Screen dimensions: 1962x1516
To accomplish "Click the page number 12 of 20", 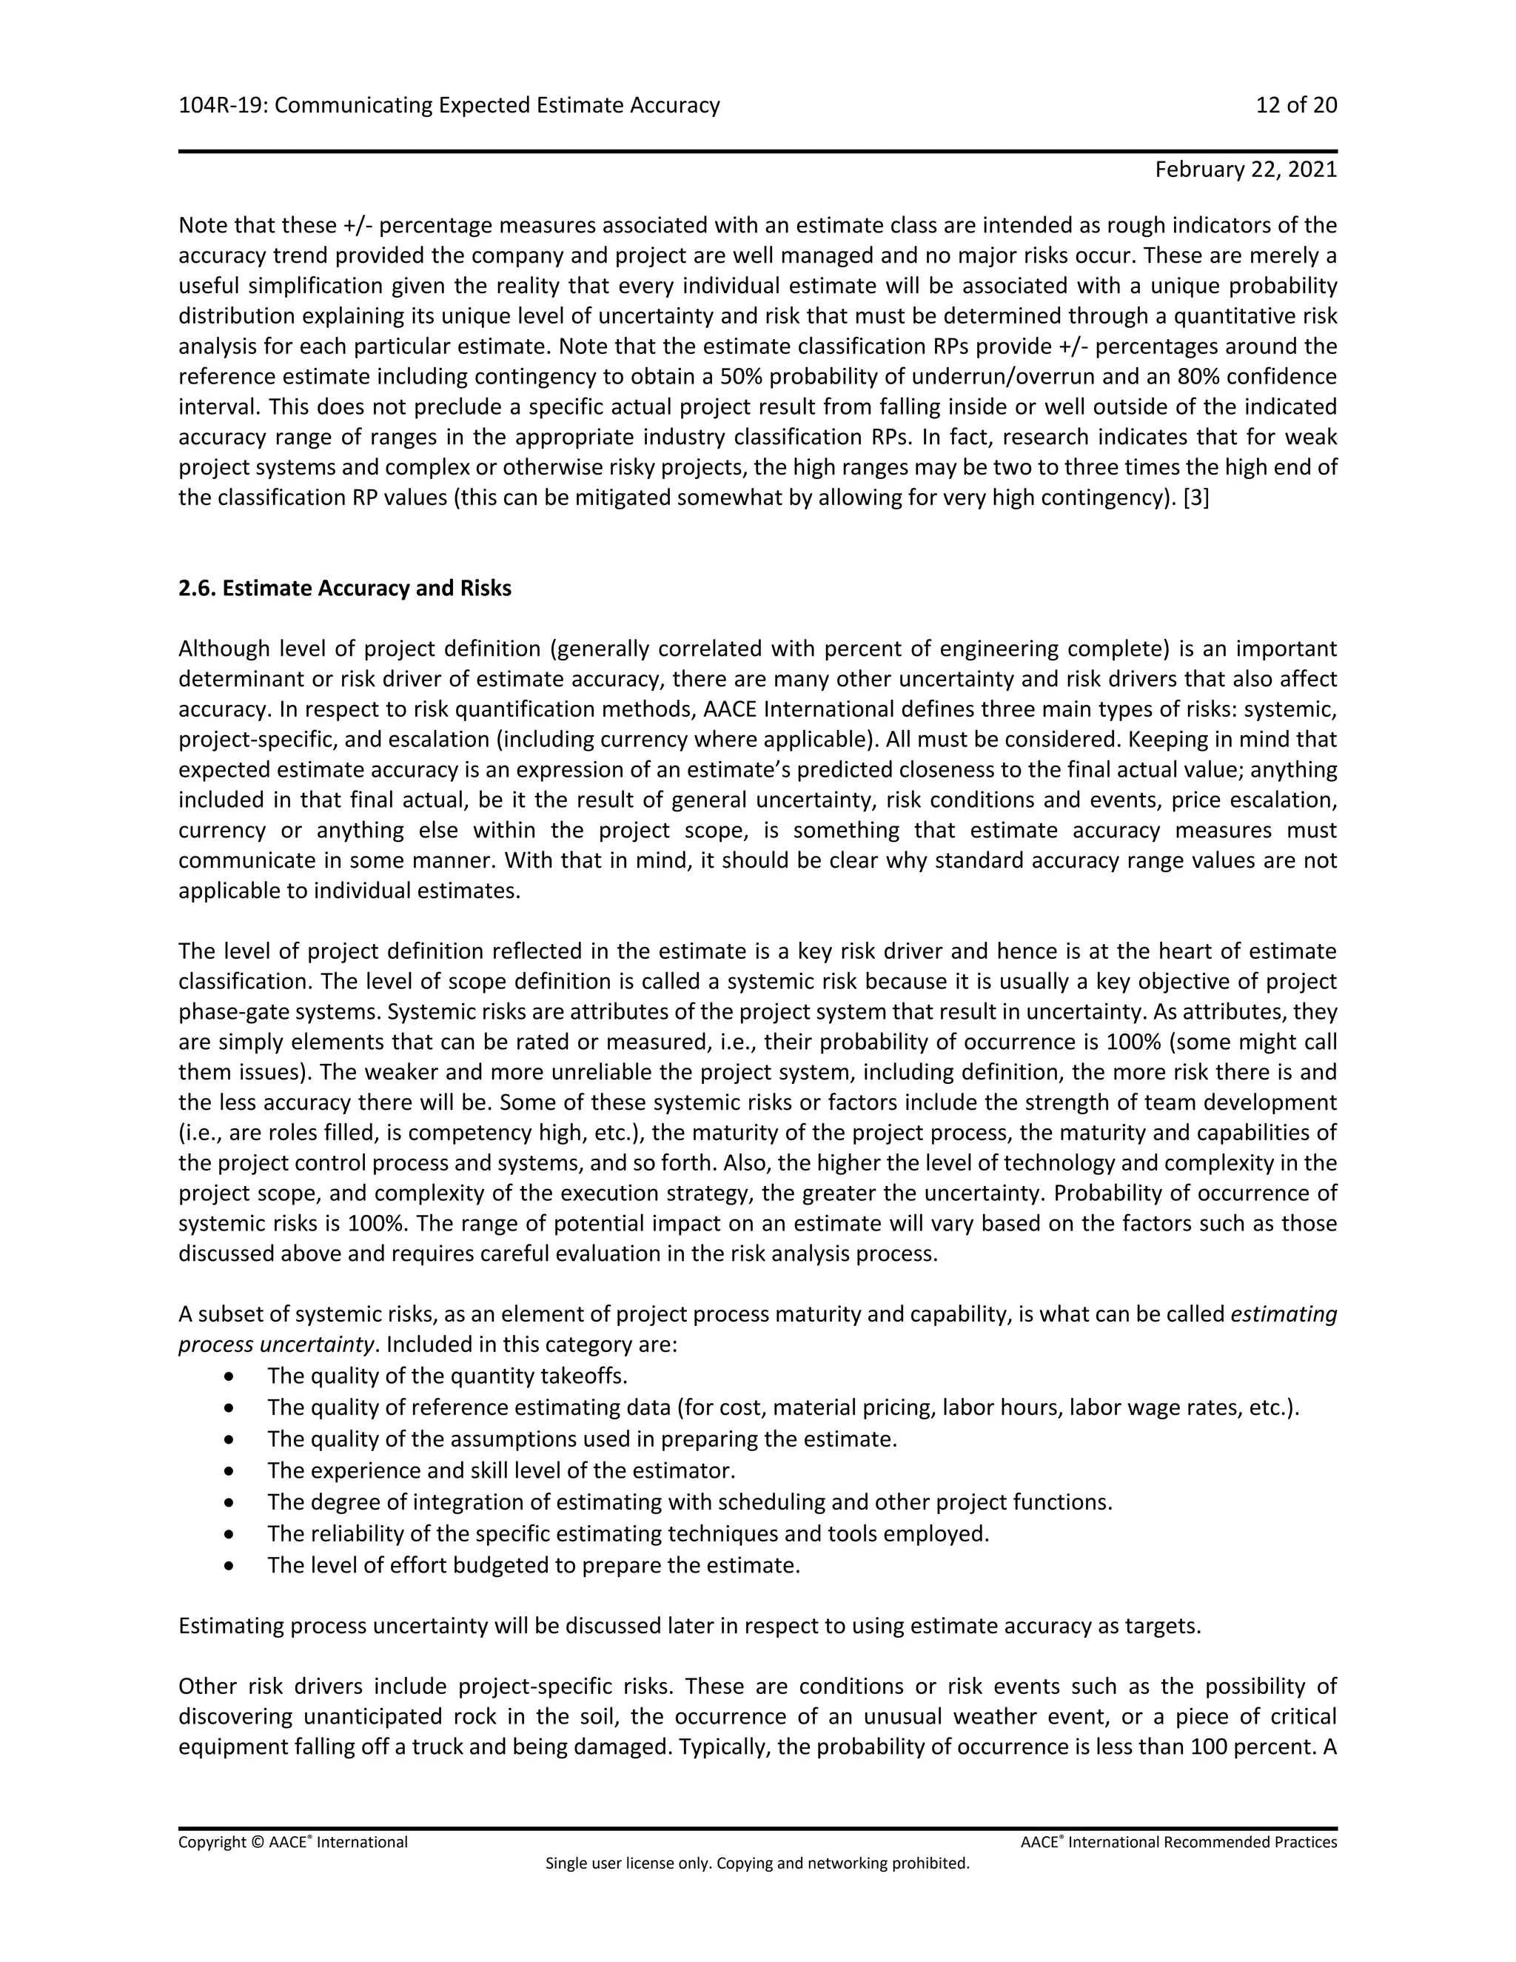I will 1295,106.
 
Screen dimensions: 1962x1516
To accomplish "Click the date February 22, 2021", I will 1245,170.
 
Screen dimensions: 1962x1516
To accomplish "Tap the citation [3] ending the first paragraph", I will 1196,498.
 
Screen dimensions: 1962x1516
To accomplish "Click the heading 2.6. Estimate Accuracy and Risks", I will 345,589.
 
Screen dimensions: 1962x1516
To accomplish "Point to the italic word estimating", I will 1284,1314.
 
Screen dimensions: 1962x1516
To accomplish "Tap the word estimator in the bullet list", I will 691,1470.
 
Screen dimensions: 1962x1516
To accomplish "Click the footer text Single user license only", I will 757,1864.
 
